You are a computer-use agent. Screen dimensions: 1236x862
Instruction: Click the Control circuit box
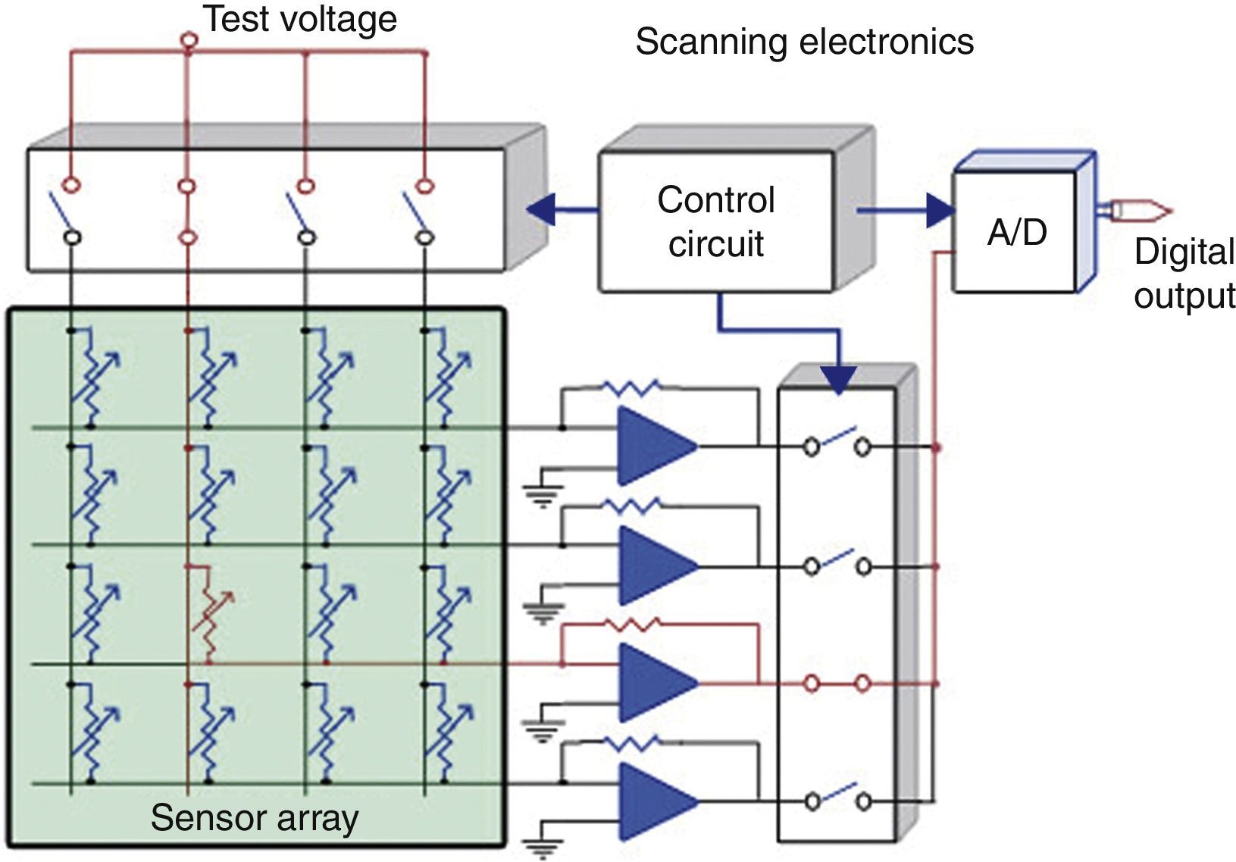coord(715,222)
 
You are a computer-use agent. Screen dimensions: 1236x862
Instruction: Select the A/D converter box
coord(1015,232)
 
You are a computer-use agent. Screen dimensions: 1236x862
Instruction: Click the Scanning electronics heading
coord(805,42)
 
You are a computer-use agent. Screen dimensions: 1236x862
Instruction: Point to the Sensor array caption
coord(255,817)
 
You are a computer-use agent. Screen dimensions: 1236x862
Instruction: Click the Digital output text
coord(1184,274)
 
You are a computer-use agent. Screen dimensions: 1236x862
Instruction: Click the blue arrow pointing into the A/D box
coord(906,210)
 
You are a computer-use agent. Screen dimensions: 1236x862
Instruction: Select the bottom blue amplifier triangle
coord(658,801)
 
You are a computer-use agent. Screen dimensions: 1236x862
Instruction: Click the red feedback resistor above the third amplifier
coord(632,625)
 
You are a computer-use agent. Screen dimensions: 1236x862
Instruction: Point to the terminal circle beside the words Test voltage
coord(189,39)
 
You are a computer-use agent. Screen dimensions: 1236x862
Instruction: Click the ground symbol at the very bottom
coord(543,850)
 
